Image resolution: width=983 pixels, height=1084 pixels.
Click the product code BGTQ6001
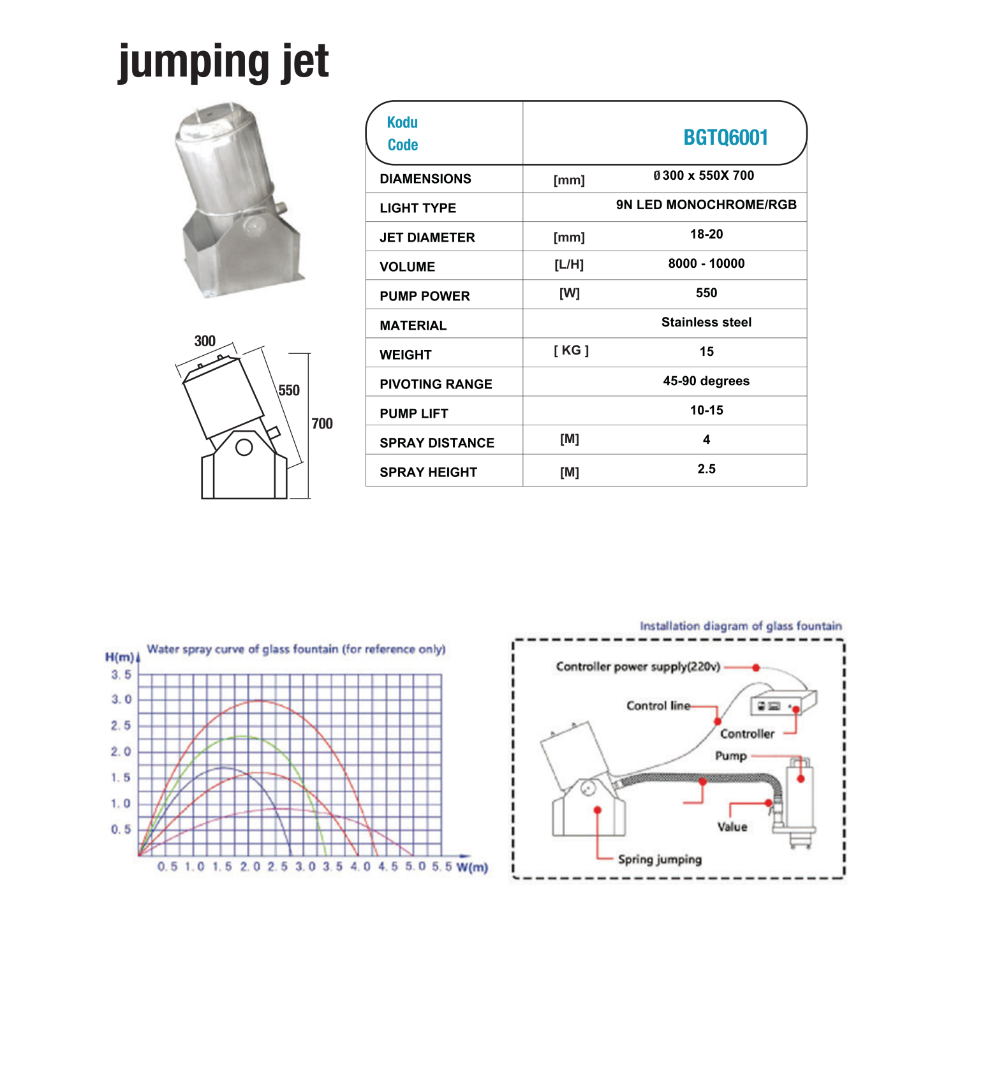click(725, 138)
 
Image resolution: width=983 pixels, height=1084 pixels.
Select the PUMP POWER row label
click(424, 296)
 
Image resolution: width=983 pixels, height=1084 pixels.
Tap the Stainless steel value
click(706, 322)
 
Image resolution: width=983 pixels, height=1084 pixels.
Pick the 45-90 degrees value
click(706, 381)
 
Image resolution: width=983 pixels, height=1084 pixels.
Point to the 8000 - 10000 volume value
click(706, 263)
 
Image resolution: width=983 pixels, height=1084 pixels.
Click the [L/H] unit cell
click(569, 265)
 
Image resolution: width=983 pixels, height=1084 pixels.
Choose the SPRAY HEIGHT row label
click(428, 472)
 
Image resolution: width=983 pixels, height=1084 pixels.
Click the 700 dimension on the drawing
click(322, 423)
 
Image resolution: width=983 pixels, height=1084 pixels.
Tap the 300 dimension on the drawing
click(205, 341)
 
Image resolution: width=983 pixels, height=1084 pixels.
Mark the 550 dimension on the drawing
click(289, 390)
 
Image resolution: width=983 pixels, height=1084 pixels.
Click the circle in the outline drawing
click(244, 447)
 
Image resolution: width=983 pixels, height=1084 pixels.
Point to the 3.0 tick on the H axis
click(121, 699)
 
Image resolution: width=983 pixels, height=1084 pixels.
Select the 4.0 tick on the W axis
click(360, 867)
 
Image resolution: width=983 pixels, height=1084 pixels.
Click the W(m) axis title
click(472, 867)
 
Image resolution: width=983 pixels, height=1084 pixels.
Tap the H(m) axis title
click(119, 657)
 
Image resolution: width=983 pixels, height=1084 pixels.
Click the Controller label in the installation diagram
click(747, 734)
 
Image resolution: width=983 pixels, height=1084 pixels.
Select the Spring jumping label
click(660, 859)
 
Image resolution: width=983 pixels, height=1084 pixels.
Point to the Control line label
click(658, 705)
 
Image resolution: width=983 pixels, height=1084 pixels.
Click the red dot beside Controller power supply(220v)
click(756, 668)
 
